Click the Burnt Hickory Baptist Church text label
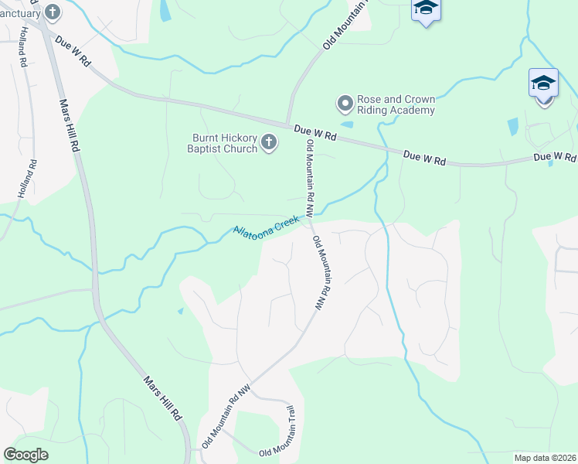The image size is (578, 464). click(x=224, y=143)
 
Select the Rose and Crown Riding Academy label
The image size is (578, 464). click(x=396, y=104)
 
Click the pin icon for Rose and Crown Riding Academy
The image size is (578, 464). click(x=345, y=102)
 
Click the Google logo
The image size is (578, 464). click(x=25, y=454)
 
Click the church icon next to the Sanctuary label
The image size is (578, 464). click(x=53, y=12)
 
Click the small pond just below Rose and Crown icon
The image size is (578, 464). click(x=347, y=124)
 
